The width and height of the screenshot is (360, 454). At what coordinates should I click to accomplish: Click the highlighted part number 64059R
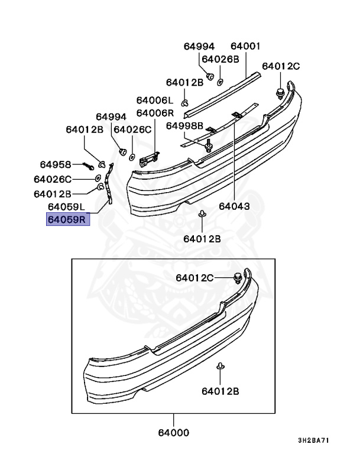pyautogui.click(x=67, y=220)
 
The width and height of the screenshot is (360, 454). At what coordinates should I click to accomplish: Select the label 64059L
pyautogui.click(x=67, y=207)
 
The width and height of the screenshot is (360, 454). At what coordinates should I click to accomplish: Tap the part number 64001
pyautogui.click(x=245, y=46)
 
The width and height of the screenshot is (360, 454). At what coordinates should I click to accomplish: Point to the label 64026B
pyautogui.click(x=220, y=59)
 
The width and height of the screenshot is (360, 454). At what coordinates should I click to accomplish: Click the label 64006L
pyautogui.click(x=155, y=100)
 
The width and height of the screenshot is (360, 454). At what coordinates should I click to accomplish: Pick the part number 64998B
pyautogui.click(x=184, y=125)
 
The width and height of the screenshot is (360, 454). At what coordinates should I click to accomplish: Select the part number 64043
pyautogui.click(x=234, y=207)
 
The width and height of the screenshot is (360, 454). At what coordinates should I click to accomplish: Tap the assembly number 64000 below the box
pyautogui.click(x=173, y=433)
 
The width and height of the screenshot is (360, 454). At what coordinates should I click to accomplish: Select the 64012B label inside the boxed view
pyautogui.click(x=219, y=391)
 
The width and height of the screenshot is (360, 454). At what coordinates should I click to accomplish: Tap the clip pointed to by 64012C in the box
pyautogui.click(x=238, y=277)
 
